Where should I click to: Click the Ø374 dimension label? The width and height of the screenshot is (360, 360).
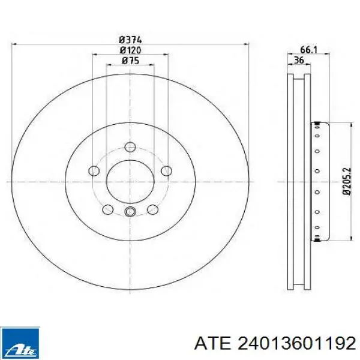point(130,40)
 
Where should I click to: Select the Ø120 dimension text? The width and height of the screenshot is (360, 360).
point(130,50)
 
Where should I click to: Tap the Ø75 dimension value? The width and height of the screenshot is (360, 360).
point(130,61)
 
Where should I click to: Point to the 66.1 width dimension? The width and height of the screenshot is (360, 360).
point(308,49)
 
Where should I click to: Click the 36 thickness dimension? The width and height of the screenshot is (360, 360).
point(299,60)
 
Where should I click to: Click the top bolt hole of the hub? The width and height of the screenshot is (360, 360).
point(130,147)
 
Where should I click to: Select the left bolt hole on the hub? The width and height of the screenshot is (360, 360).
point(94,171)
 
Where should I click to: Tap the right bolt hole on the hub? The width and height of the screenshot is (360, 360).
point(166,171)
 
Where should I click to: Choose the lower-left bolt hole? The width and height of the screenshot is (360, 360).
point(107,209)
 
